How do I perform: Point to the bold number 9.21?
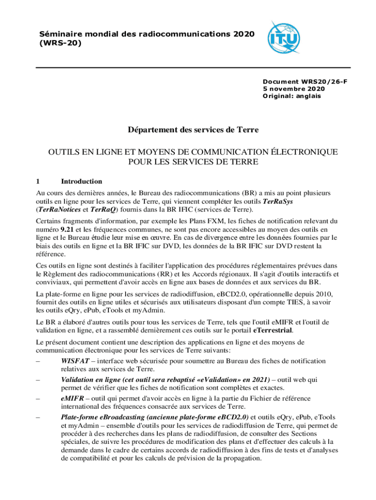pos(68,229)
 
